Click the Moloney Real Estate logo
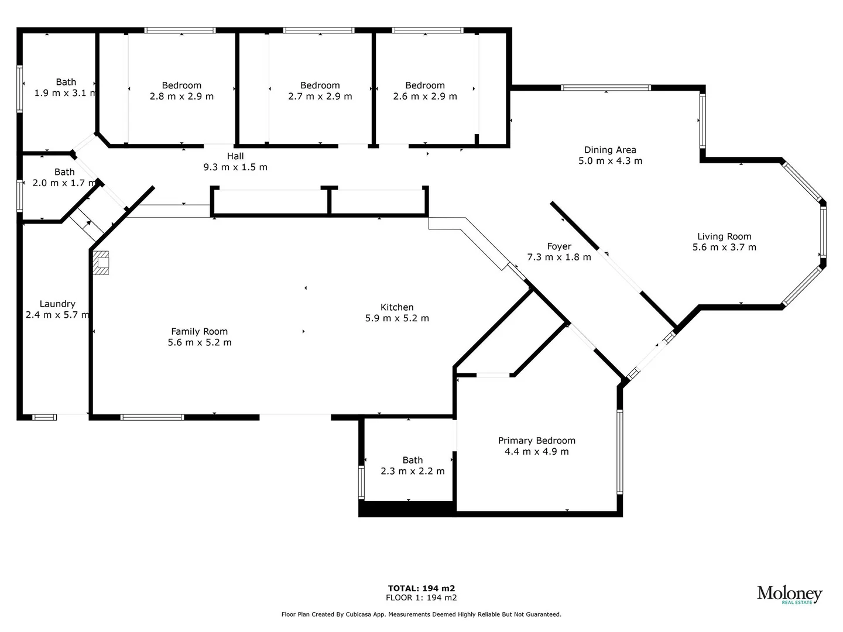[x=789, y=595]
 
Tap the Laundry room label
[x=57, y=304]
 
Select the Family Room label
[x=199, y=331]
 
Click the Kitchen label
[x=397, y=307]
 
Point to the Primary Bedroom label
[x=536, y=441]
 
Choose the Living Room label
[x=724, y=236]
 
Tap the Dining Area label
[x=610, y=150]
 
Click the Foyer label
[x=559, y=246]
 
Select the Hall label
[x=235, y=156]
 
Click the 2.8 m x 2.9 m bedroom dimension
[x=181, y=97]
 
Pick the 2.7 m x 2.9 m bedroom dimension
[x=320, y=97]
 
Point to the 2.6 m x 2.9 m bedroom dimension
[x=425, y=97]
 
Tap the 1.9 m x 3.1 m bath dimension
[x=66, y=93]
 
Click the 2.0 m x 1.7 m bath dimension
[x=64, y=183]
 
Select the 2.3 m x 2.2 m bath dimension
[x=412, y=471]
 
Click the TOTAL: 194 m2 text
[x=421, y=588]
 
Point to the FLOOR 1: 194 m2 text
[x=421, y=597]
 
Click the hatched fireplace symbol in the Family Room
[x=101, y=263]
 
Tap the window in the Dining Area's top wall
[x=605, y=88]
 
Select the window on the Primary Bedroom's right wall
[x=619, y=451]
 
